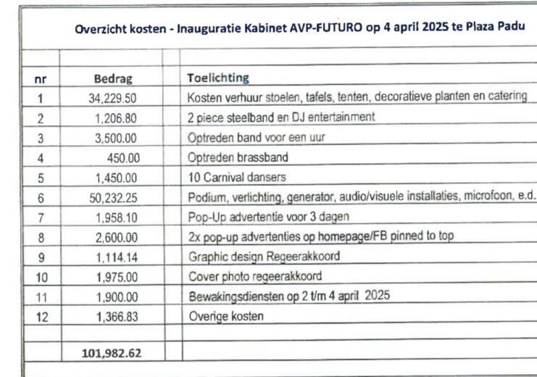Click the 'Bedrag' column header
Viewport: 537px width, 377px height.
112,78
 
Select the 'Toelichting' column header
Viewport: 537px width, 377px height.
217,77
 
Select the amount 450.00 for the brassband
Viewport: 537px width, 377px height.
122,157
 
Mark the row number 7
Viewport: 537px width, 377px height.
41,215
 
